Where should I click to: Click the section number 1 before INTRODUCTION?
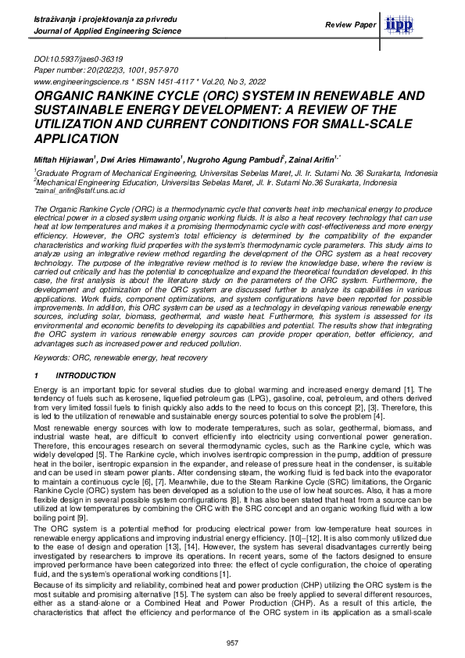37,376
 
